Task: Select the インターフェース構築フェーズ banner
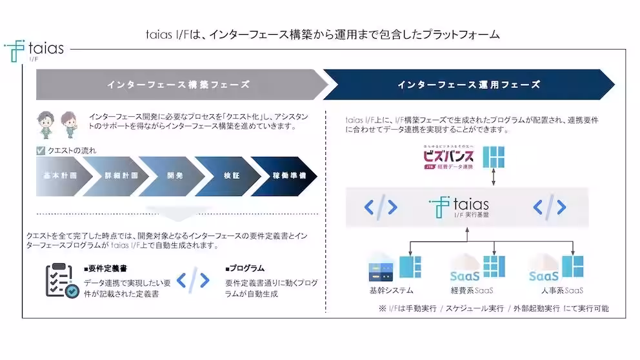point(178,85)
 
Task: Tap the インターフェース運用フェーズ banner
point(468,85)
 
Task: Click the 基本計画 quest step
point(59,175)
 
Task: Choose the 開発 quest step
point(170,175)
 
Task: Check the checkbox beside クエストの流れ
point(41,151)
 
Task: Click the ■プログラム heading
point(245,268)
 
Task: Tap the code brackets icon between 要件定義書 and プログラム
point(193,281)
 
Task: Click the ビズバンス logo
point(448,157)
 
